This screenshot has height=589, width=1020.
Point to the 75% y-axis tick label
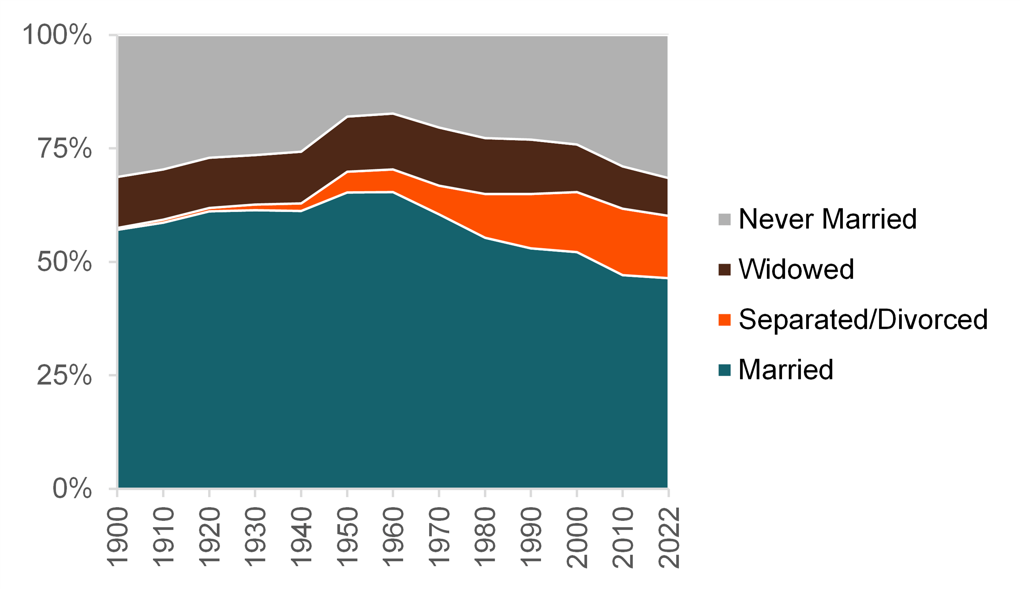coord(65,148)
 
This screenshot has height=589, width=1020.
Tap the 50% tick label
coord(65,262)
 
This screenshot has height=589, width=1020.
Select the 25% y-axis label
coord(65,375)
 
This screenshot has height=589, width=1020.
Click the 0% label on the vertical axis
coord(73,489)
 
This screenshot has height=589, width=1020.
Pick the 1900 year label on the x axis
coord(117,538)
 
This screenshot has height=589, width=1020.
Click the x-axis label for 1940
coord(301,538)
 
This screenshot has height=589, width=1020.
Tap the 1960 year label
coord(393,538)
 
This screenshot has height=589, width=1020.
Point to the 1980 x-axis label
coord(485,538)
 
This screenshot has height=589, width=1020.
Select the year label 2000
coord(577,538)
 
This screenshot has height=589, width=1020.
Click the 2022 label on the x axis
coord(669,538)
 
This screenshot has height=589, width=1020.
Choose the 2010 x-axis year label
coord(623,538)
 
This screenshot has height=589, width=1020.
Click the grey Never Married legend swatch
coord(725,219)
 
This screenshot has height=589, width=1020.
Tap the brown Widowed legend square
coord(725,270)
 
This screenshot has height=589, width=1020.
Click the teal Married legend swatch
coord(725,370)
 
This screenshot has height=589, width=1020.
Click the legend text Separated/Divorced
coord(863,319)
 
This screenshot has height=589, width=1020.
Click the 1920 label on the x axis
coord(209,538)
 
